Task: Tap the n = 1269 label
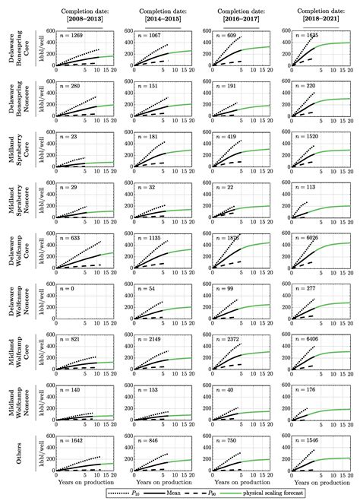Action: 72,35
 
